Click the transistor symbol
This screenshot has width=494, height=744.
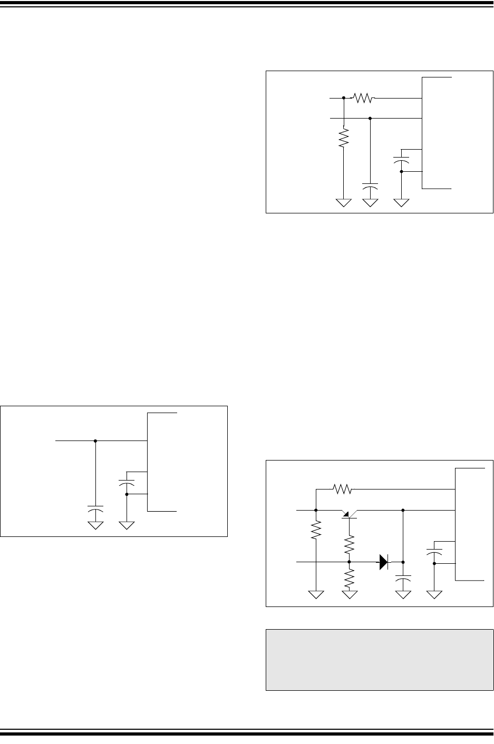[348, 514]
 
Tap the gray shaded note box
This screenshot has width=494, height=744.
[380, 659]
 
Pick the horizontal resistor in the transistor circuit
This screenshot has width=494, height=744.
[343, 490]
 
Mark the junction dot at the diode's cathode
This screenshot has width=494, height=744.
[403, 562]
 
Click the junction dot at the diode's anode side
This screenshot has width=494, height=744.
[348, 562]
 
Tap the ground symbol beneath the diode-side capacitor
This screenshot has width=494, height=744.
[403, 595]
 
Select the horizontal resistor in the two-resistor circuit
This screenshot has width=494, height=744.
[363, 98]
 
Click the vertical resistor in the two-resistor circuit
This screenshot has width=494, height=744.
[344, 139]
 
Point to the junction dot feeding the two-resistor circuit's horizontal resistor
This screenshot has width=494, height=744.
[344, 98]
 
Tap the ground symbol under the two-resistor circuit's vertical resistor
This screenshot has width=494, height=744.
[344, 202]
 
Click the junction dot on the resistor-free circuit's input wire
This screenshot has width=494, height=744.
[95, 440]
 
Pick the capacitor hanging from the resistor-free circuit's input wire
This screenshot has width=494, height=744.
[95, 511]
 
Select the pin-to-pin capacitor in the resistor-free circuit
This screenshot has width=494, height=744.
[127, 482]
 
